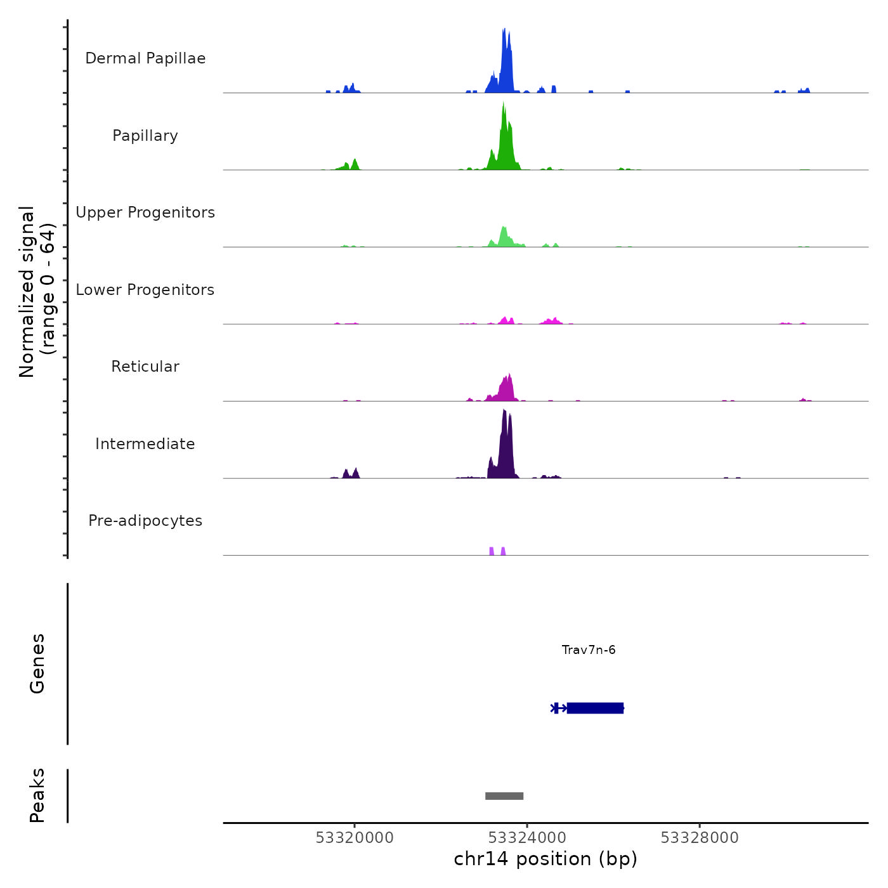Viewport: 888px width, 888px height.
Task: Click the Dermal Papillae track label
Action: coord(145,58)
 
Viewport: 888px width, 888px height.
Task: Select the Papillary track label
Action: coord(145,136)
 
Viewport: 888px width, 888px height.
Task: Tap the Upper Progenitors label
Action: coord(145,212)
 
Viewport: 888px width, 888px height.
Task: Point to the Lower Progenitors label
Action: coord(145,290)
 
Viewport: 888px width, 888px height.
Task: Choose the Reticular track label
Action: coord(145,367)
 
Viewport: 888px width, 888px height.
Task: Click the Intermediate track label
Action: coord(145,444)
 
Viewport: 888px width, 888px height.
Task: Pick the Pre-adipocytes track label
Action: coord(145,521)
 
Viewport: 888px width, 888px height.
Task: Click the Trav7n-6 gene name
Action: coord(589,650)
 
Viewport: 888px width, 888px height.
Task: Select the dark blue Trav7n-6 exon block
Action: coord(595,708)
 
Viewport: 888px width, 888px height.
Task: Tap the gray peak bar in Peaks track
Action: coord(504,796)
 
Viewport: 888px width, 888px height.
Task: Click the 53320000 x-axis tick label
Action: coord(355,838)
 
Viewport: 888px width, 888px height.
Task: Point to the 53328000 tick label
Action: coord(700,838)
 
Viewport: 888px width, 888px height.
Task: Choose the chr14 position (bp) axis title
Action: coord(545,859)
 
